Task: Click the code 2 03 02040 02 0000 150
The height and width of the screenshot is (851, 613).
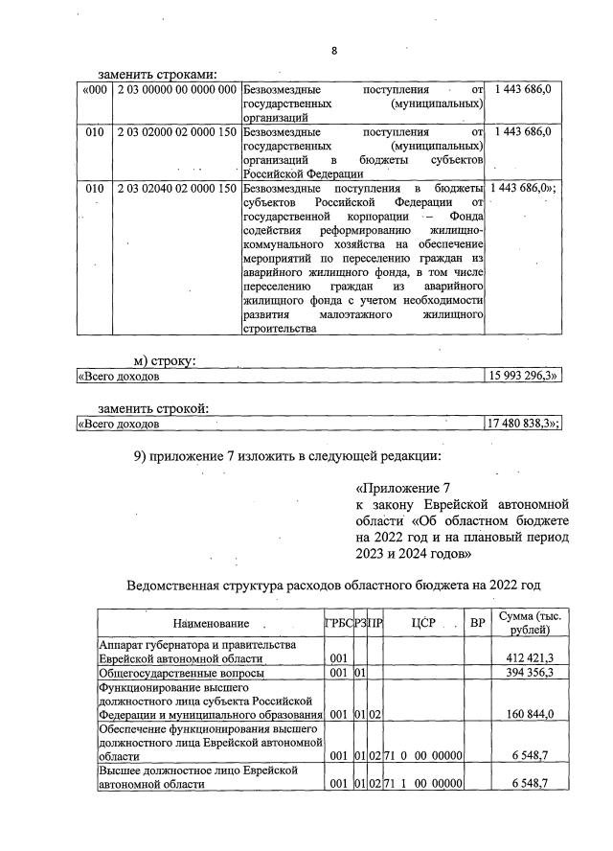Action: (176, 189)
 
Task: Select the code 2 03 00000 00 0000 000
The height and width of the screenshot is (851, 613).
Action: (176, 89)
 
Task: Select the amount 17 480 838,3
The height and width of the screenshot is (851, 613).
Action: (524, 424)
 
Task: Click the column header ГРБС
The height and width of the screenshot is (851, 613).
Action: (338, 624)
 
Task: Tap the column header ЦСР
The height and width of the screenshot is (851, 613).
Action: (423, 624)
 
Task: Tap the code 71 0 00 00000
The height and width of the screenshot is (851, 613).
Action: (423, 755)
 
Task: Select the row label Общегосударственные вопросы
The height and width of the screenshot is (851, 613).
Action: (181, 674)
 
